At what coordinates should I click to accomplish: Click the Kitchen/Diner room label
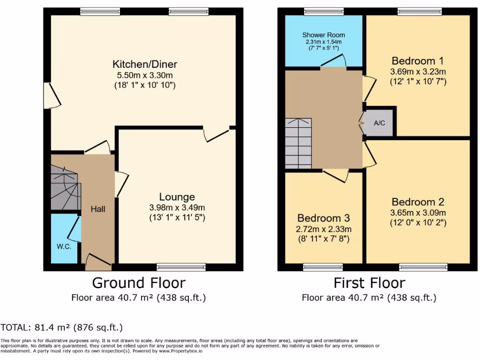(x=144, y=64)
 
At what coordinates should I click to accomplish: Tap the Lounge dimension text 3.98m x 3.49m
(x=177, y=208)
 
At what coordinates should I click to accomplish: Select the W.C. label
(x=64, y=247)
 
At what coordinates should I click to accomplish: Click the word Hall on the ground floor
(x=98, y=209)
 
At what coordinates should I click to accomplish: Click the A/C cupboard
(x=379, y=123)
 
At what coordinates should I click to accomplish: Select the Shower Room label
(x=323, y=35)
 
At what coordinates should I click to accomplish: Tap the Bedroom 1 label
(x=417, y=61)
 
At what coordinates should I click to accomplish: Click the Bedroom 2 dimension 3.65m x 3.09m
(x=418, y=212)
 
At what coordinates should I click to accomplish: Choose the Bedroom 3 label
(x=323, y=218)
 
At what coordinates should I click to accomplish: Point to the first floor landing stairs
(x=298, y=143)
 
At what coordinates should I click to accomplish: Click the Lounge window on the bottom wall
(x=175, y=267)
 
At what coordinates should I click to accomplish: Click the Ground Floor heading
(x=138, y=283)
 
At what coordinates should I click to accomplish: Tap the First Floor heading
(x=369, y=283)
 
